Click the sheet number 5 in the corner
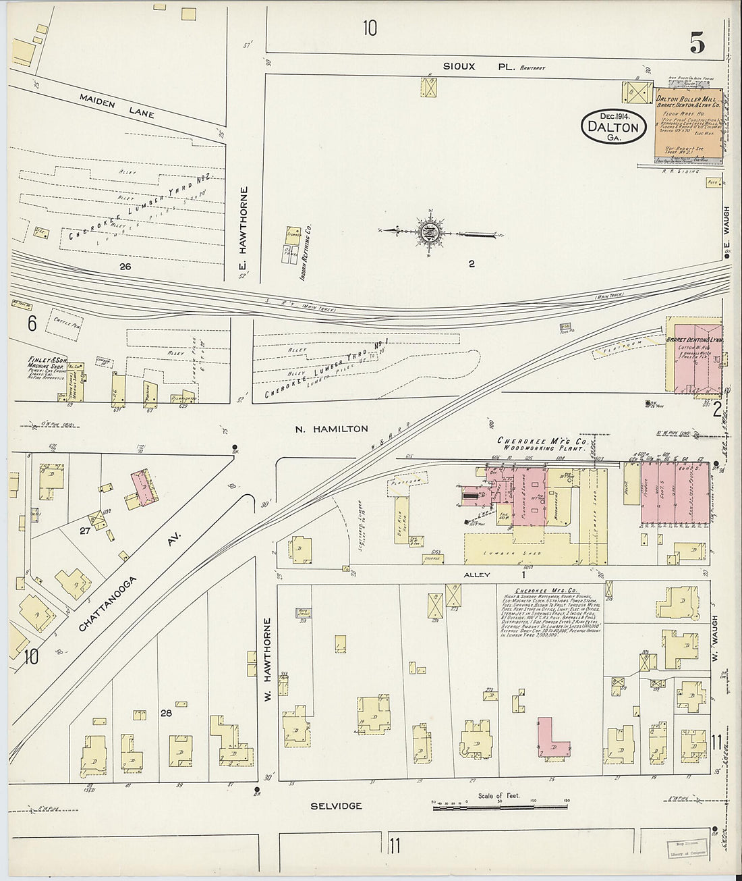pos(697,43)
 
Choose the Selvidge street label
pos(336,805)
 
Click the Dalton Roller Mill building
pos(687,126)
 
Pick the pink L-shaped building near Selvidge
pos(552,741)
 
